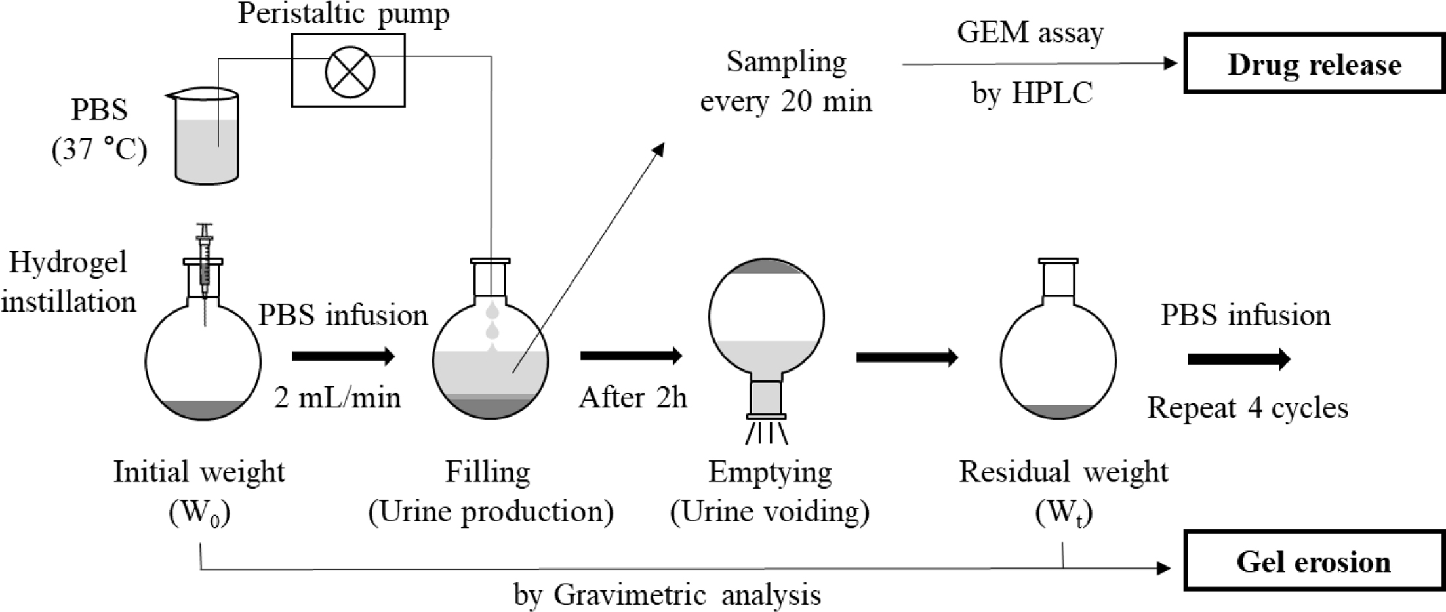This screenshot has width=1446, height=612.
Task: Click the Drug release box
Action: (1314, 64)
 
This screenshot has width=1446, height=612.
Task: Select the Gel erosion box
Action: (1314, 561)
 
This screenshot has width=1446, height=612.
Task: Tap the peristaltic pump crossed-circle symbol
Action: (350, 71)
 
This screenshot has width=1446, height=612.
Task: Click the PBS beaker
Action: (207, 138)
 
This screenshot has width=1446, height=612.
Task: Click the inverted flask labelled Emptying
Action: (766, 328)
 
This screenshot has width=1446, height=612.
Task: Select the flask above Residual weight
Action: (1058, 354)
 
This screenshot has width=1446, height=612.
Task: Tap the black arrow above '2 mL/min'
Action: (343, 356)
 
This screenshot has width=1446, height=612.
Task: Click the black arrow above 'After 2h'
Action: (631, 356)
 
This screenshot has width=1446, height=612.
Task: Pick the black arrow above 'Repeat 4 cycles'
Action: (1239, 359)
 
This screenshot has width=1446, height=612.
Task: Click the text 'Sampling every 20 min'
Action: (786, 82)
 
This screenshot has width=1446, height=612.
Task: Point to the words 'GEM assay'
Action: (1030, 31)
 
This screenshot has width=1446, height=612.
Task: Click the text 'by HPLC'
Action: (1032, 93)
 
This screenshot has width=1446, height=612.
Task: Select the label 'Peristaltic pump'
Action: (343, 13)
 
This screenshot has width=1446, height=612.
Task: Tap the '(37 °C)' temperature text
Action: (99, 150)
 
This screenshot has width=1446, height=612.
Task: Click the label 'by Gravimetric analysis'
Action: (667, 595)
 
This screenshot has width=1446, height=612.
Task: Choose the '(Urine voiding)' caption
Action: (769, 511)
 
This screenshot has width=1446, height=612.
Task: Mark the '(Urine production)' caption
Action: (491, 511)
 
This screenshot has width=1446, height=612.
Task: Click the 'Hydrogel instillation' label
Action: (68, 282)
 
